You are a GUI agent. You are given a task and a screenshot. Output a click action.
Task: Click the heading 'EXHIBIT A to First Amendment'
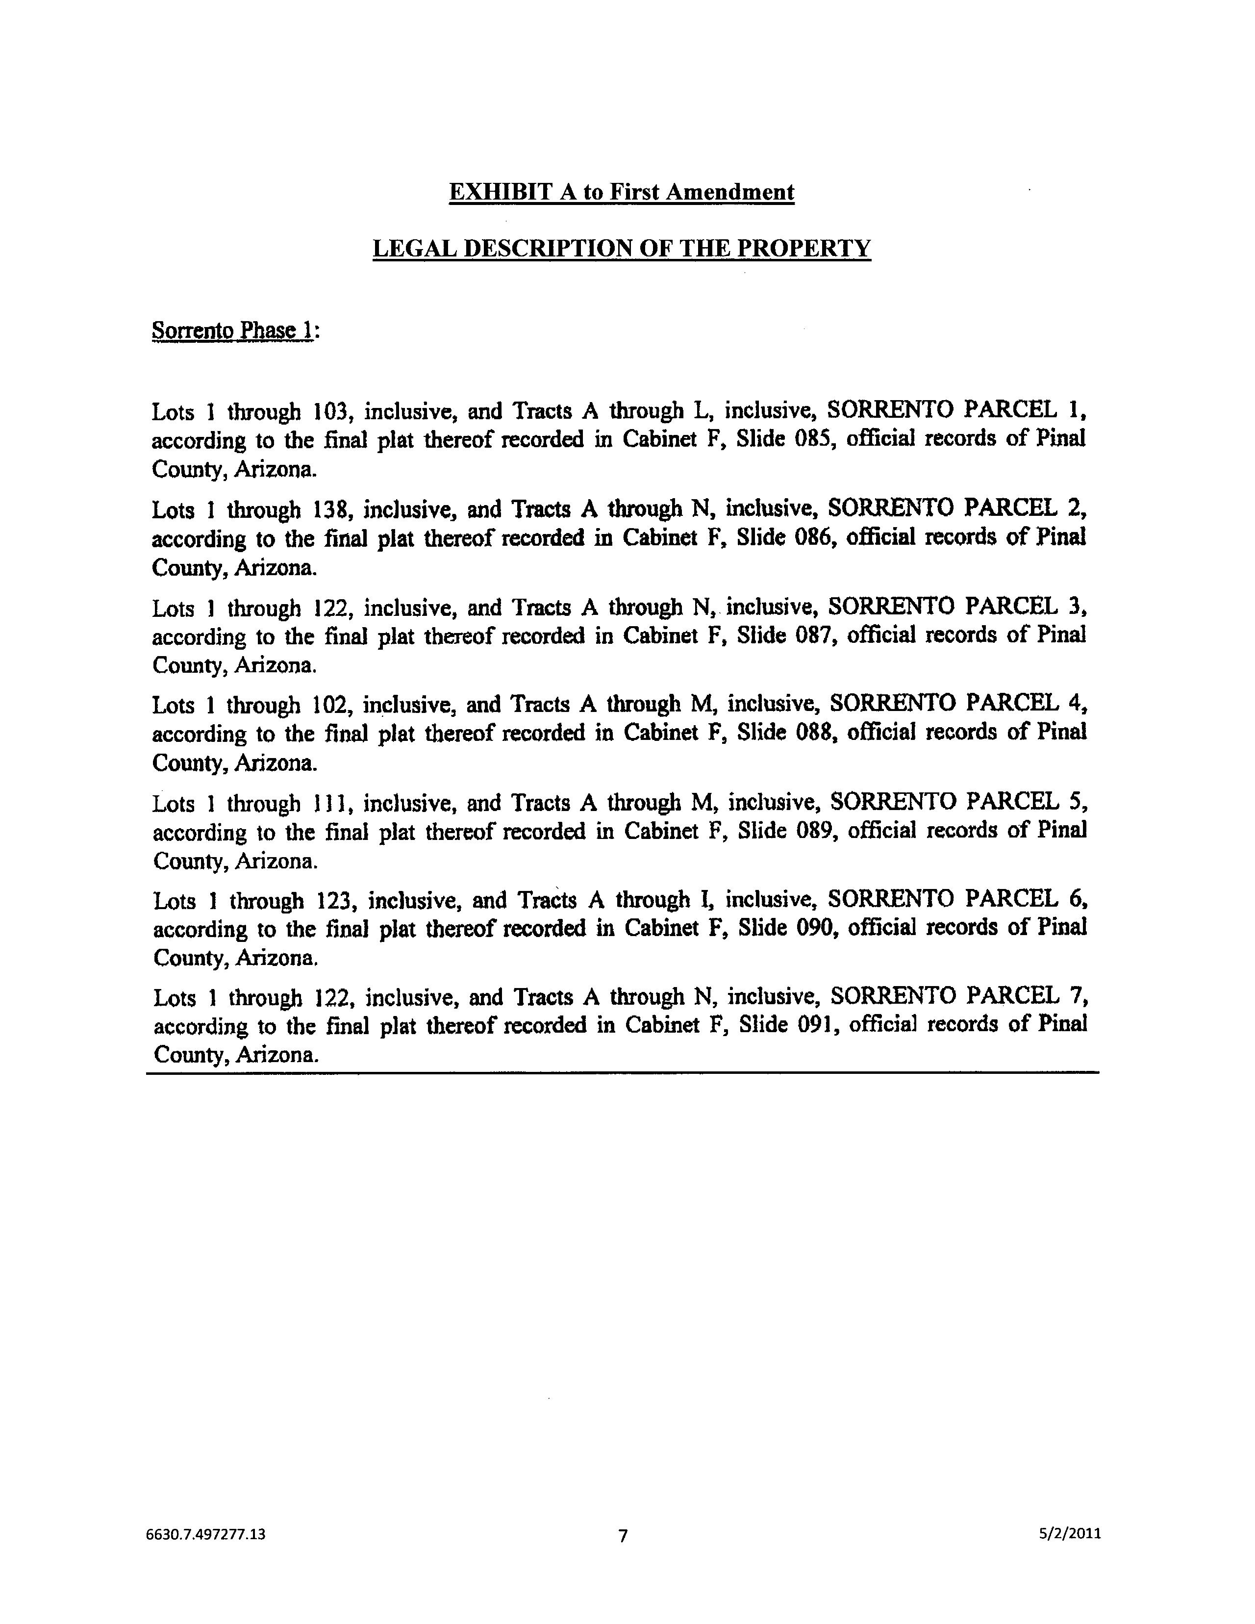click(622, 193)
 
